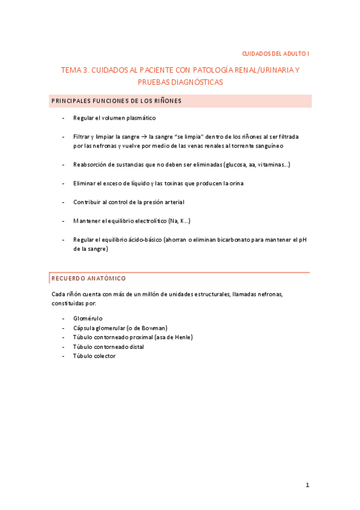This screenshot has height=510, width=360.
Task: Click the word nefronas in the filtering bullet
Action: click(x=104, y=146)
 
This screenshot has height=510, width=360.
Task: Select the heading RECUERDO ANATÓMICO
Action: click(x=89, y=278)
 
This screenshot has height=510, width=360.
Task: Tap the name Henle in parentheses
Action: click(x=181, y=337)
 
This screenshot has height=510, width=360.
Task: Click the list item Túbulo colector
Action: click(x=94, y=356)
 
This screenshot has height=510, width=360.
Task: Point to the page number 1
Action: click(x=307, y=485)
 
